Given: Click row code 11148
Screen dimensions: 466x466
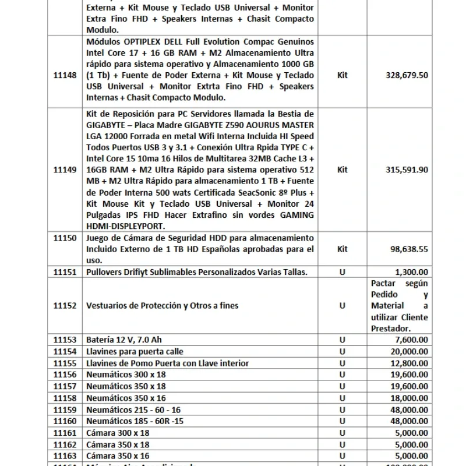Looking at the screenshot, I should click(x=65, y=75).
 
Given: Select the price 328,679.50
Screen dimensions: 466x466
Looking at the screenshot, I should click(x=407, y=75).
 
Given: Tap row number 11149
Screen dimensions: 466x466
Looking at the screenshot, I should click(x=65, y=170).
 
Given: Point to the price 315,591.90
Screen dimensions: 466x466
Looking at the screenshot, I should click(x=407, y=170).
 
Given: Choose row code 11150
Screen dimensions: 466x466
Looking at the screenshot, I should click(x=65, y=238).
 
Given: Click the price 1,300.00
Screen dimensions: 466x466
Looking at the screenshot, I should click(x=411, y=271).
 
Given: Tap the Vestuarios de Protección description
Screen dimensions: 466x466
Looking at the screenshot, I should click(x=162, y=305).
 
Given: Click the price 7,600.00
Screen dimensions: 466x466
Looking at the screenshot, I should click(x=411, y=340).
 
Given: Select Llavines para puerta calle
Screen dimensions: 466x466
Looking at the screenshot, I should click(x=135, y=352).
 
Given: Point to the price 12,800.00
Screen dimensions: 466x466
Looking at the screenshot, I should click(x=409, y=363).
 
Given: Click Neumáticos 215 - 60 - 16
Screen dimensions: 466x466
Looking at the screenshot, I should click(x=133, y=409).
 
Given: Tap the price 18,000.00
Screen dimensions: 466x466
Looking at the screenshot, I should click(x=409, y=398).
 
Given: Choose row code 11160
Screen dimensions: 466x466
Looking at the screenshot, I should click(x=65, y=421).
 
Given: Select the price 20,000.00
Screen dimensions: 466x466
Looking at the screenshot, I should click(x=409, y=352).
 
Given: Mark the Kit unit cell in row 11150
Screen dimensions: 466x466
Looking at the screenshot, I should click(x=343, y=249).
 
